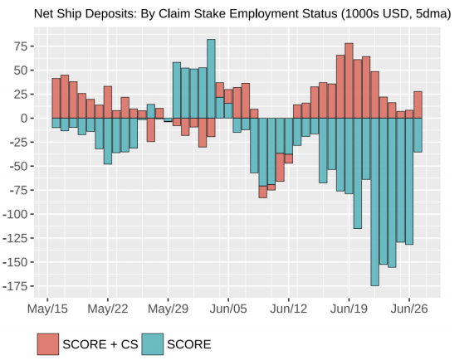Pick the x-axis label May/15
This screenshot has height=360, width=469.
pyautogui.click(x=47, y=309)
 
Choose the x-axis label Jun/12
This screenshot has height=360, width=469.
pyautogui.click(x=289, y=309)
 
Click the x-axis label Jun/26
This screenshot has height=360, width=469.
pyautogui.click(x=409, y=309)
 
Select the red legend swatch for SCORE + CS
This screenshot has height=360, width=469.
pyautogui.click(x=47, y=343)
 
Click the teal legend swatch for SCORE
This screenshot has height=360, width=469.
pyautogui.click(x=152, y=343)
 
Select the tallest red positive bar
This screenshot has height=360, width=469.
pyautogui.click(x=349, y=80)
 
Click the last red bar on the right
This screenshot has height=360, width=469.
pyautogui.click(x=418, y=105)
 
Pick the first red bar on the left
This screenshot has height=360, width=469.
pyautogui.click(x=56, y=98)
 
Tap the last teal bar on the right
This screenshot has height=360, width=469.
pyautogui.click(x=418, y=135)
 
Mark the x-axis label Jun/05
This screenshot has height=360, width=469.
pyautogui.click(x=228, y=309)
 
